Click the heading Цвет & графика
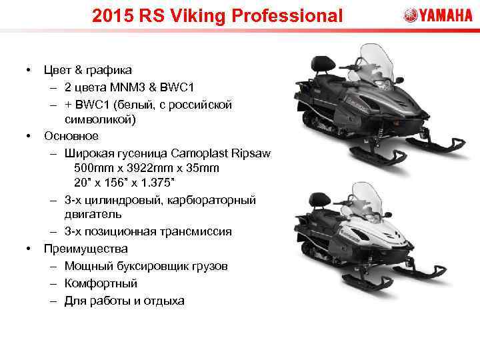[87, 69]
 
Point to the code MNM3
[132, 87]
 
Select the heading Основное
[71, 136]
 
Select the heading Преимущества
[85, 249]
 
